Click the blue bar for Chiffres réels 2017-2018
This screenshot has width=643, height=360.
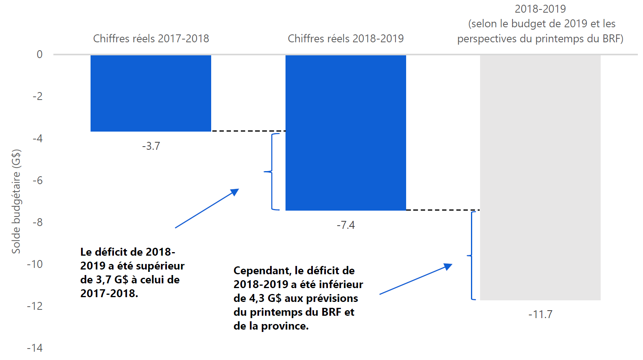point(151,93)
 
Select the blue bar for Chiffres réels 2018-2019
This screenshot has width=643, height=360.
point(346,133)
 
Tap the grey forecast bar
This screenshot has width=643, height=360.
point(540,177)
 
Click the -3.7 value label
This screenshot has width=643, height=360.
point(151,146)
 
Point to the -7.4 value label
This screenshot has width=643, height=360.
point(346,225)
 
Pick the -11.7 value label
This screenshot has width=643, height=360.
point(540,315)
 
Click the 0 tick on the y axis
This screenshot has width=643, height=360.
point(40,55)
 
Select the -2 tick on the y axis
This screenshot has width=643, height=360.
point(38,96)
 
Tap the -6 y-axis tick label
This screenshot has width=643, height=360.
point(38,181)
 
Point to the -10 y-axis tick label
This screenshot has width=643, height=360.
point(35,264)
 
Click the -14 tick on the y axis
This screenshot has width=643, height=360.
point(35,348)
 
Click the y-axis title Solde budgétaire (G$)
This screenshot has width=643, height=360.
point(16,201)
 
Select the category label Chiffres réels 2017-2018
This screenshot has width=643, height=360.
point(151,39)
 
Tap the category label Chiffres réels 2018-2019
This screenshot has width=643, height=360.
point(346,39)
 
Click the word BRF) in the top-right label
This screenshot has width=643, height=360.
point(613,39)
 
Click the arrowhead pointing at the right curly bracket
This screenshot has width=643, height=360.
point(448,266)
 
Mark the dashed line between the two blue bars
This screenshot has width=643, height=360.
point(248,131)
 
